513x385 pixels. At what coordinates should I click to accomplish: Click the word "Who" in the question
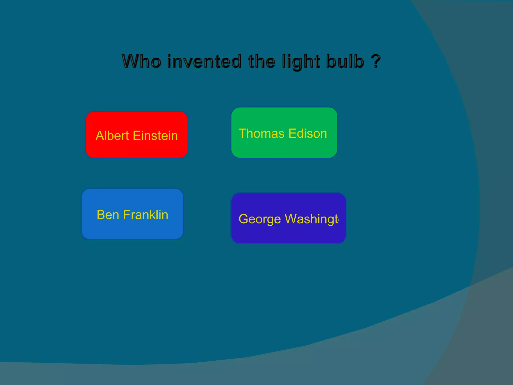click(x=142, y=61)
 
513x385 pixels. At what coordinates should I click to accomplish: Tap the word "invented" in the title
click(x=204, y=61)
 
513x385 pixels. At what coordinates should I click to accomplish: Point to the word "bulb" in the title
click(x=345, y=61)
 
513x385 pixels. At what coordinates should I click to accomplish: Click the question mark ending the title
click(x=375, y=61)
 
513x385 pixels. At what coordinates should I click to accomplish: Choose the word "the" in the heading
click(x=262, y=61)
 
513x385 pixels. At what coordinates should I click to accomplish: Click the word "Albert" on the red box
click(x=112, y=136)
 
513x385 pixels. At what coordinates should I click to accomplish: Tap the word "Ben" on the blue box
click(x=108, y=215)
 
